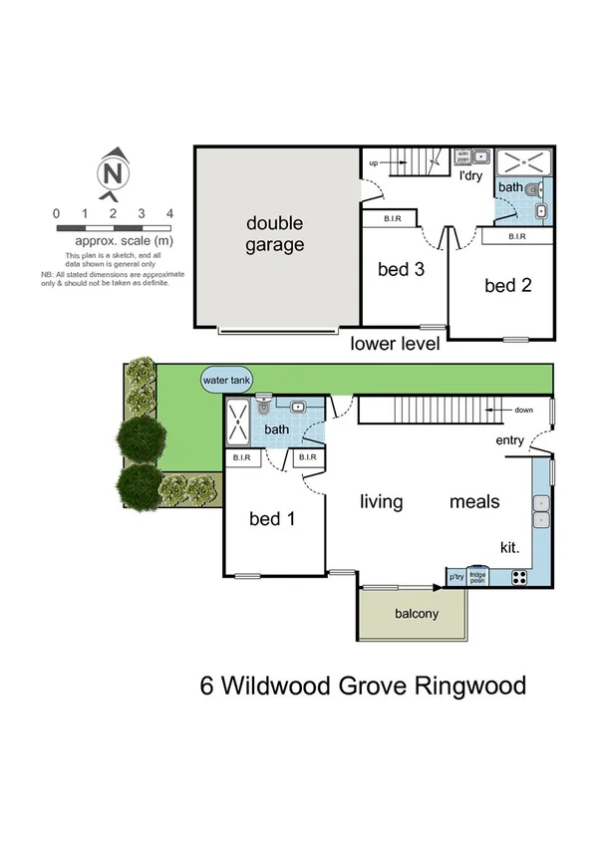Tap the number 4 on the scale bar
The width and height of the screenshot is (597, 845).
pyautogui.click(x=170, y=213)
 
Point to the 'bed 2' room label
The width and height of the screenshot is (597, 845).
pyautogui.click(x=507, y=286)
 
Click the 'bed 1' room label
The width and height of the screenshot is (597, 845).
pyautogui.click(x=272, y=518)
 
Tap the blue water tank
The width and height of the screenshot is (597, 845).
pyautogui.click(x=227, y=380)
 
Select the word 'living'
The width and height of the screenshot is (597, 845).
pyautogui.click(x=381, y=501)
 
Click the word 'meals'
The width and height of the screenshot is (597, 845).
pyautogui.click(x=473, y=501)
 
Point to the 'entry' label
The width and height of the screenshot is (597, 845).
pyautogui.click(x=509, y=440)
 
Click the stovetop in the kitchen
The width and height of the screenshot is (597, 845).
pyautogui.click(x=519, y=576)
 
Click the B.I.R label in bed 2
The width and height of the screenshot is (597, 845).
pyautogui.click(x=516, y=236)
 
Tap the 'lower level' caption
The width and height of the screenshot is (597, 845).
pyautogui.click(x=396, y=345)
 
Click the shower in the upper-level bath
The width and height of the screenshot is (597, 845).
pyautogui.click(x=239, y=423)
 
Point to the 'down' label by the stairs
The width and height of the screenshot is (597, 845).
pyautogui.click(x=524, y=410)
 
